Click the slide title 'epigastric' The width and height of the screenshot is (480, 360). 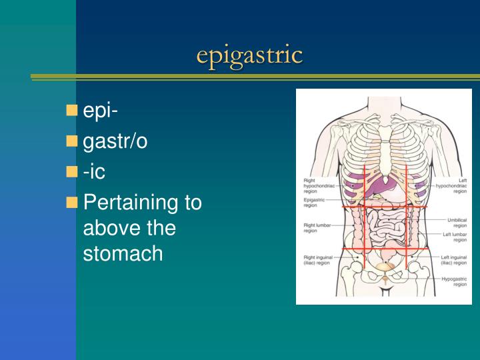tap(249, 55)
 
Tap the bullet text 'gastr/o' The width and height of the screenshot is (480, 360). tap(115, 141)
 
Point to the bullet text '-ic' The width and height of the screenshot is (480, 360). tap(94, 171)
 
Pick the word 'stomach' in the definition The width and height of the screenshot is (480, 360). tap(123, 253)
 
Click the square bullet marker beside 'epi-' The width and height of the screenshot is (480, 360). tap(72, 110)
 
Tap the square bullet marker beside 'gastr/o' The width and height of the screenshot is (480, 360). tap(72, 141)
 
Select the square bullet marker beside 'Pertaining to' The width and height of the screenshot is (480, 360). tap(72, 201)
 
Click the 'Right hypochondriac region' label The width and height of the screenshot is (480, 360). tap(319, 185)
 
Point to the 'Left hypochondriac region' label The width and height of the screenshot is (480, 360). tap(451, 185)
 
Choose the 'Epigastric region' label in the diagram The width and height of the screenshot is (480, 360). tap(314, 203)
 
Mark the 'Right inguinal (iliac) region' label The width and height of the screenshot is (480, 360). tap(317, 259)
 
